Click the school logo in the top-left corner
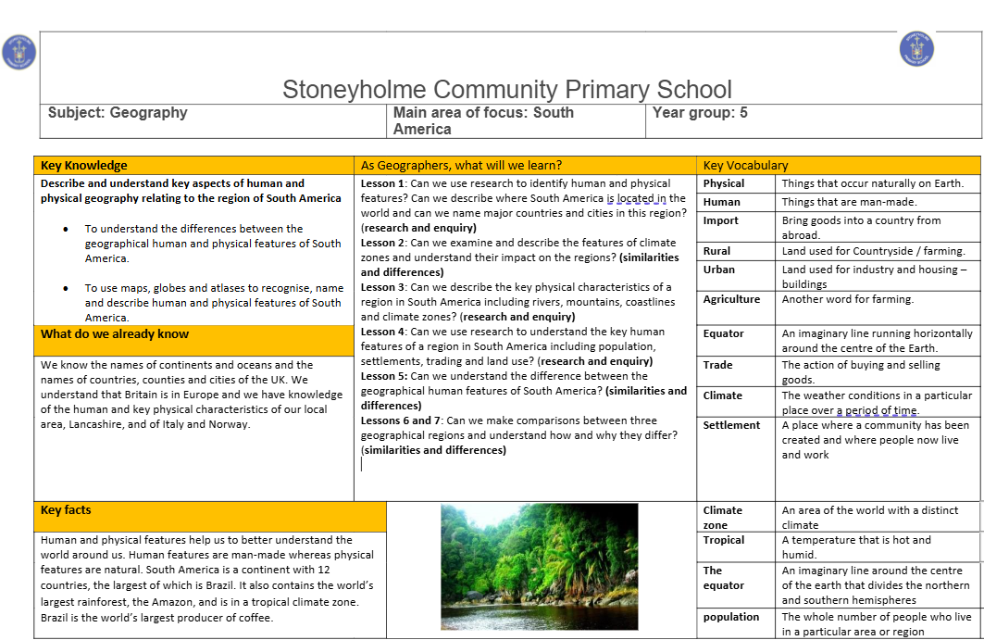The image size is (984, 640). [19, 52]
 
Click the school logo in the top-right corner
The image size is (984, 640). [916, 48]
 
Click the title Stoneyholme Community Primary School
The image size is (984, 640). [506, 90]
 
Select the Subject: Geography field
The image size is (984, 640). [118, 113]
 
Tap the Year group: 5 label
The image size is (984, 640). [700, 113]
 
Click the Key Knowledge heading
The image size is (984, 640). [84, 166]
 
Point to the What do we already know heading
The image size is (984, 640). [115, 334]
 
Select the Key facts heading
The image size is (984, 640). [66, 510]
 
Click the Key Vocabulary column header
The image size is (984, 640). [745, 166]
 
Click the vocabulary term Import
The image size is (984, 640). [721, 220]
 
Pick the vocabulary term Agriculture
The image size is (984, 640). [731, 299]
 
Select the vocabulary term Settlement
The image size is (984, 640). [731, 425]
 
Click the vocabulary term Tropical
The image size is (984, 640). [724, 540]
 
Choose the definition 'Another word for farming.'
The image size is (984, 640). [847, 299]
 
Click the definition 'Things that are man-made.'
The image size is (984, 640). [849, 202]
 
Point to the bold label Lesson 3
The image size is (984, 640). [383, 287]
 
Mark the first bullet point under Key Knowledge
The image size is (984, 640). [66, 229]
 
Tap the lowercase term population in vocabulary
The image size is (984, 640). [731, 617]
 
